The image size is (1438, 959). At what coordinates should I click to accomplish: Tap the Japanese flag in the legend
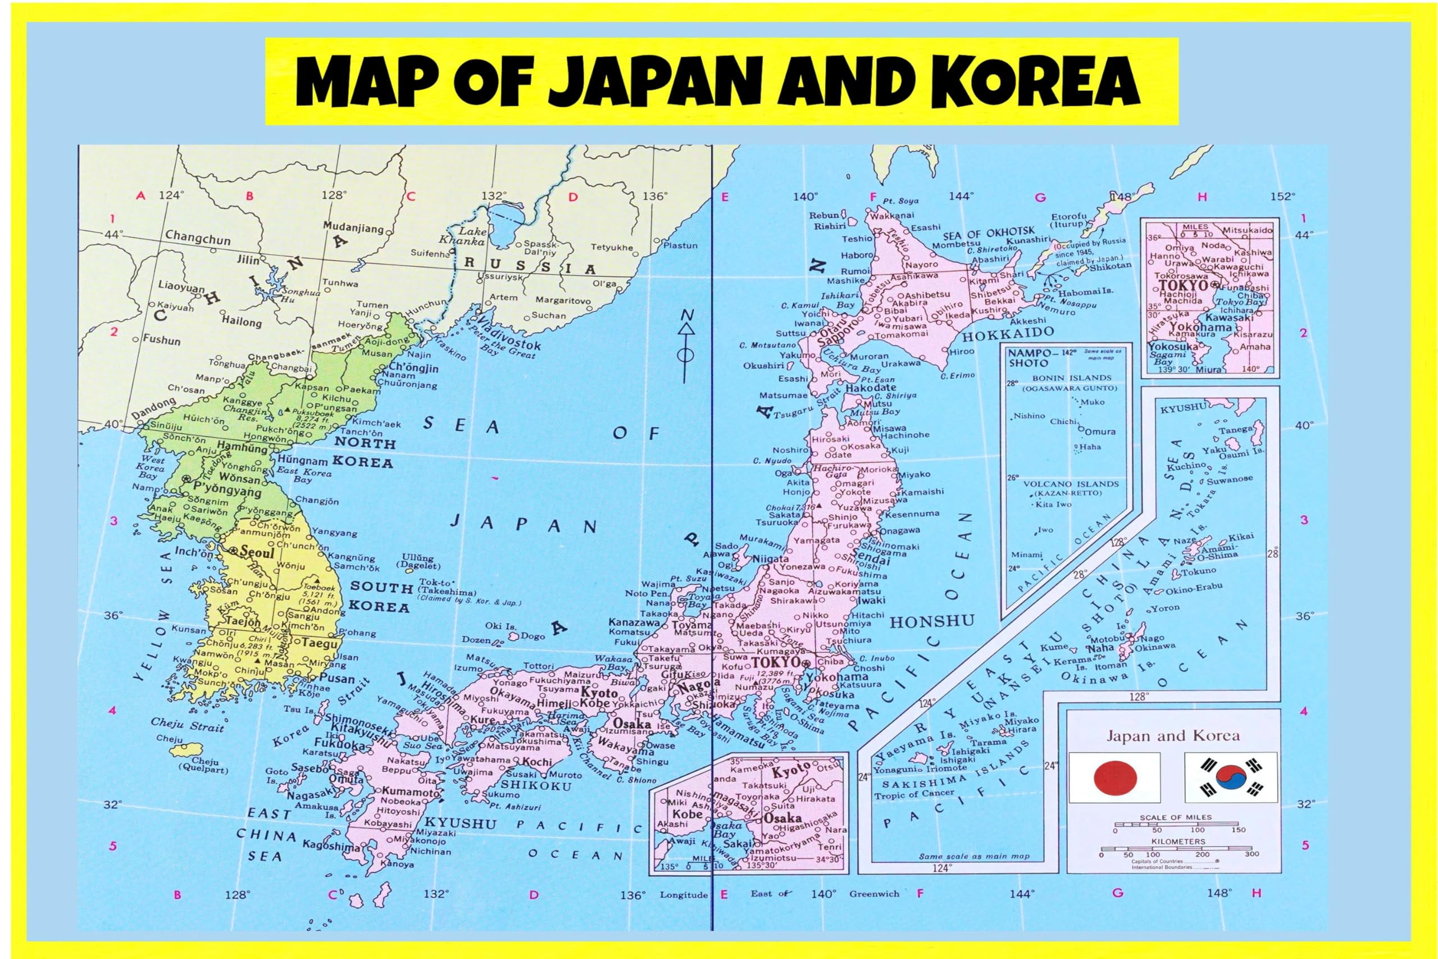[x=1114, y=778]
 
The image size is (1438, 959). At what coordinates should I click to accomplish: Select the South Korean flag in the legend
[x=1231, y=778]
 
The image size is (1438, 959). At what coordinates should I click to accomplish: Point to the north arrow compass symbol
[x=687, y=346]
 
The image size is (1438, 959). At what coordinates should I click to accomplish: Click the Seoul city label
[x=256, y=551]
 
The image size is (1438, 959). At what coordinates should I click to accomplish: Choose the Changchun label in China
[x=198, y=237]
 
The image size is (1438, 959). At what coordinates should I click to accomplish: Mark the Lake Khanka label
[x=471, y=236]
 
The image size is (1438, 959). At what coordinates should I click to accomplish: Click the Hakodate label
[x=871, y=387]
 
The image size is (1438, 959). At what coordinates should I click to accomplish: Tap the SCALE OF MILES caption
[x=1175, y=817]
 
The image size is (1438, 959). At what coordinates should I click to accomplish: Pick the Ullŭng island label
[x=417, y=558]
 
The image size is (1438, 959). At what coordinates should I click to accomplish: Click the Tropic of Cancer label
[x=914, y=794]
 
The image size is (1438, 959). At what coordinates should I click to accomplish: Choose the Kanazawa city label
[x=634, y=622]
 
